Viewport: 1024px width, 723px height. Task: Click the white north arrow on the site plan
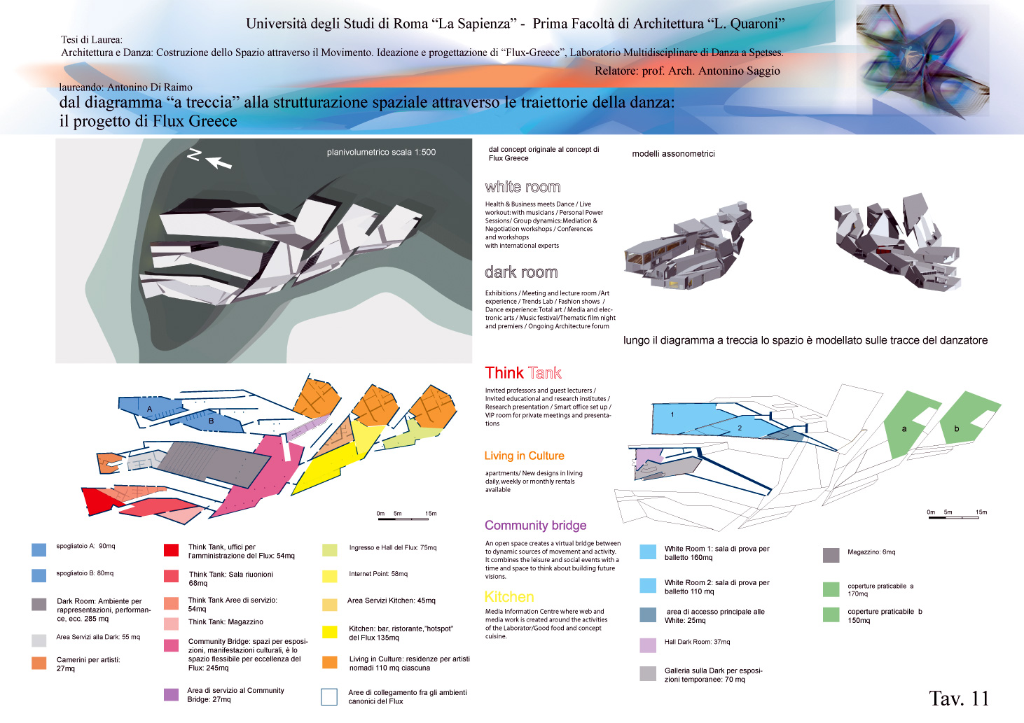coord(219,162)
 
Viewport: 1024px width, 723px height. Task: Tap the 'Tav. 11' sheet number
coord(958,698)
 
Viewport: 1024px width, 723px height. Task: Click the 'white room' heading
coord(523,187)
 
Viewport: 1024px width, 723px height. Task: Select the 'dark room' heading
coord(521,272)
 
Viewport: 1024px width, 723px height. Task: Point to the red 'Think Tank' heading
coord(523,373)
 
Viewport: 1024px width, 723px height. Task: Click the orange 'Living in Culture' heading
coord(524,456)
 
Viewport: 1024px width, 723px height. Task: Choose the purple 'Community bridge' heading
coord(535,526)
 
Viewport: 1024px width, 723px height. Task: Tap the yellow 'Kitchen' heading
coord(509,597)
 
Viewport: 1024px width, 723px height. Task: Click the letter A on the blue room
coord(149,409)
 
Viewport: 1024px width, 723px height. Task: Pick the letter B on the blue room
coord(211,421)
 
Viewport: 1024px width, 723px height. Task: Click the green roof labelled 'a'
coord(904,428)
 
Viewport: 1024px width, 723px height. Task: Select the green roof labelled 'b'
coord(957,428)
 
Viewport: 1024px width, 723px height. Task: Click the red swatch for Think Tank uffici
coord(171,550)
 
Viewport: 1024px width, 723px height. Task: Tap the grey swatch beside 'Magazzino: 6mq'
coord(831,555)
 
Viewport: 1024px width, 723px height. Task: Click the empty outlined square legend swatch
coord(329,696)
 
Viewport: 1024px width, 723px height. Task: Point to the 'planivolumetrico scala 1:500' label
coord(381,152)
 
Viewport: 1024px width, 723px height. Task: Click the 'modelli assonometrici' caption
coord(673,154)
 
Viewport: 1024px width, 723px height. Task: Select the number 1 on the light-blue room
coord(672,414)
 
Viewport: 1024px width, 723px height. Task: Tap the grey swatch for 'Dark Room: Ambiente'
coord(39,604)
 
